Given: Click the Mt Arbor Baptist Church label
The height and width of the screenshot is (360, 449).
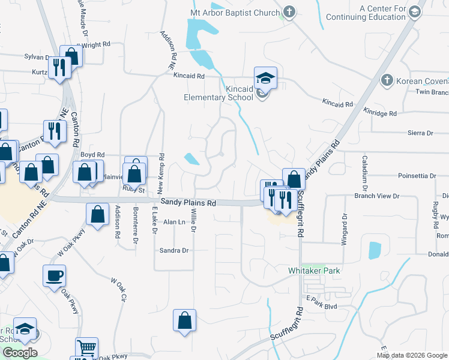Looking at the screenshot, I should pyautogui.click(x=235, y=13).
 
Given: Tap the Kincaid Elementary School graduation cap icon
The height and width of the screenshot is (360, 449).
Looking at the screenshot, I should pyautogui.click(x=265, y=78).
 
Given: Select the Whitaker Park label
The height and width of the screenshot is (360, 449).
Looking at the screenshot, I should pyautogui.click(x=315, y=271).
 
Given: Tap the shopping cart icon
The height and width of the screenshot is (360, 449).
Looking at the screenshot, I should pyautogui.click(x=86, y=348).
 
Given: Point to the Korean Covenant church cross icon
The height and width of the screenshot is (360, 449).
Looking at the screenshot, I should pyautogui.click(x=387, y=80).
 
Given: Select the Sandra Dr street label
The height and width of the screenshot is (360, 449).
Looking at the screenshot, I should pyautogui.click(x=174, y=250).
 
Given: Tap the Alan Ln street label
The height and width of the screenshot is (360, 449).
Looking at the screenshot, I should pyautogui.click(x=174, y=222).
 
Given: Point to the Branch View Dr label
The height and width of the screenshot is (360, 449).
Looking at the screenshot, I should pyautogui.click(x=377, y=196).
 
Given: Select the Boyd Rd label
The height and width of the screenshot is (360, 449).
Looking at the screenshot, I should pyautogui.click(x=92, y=154).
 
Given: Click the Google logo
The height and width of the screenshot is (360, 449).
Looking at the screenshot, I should pyautogui.click(x=20, y=353).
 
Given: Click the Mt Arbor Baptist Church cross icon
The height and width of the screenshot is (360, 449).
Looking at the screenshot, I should pyautogui.click(x=289, y=12).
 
